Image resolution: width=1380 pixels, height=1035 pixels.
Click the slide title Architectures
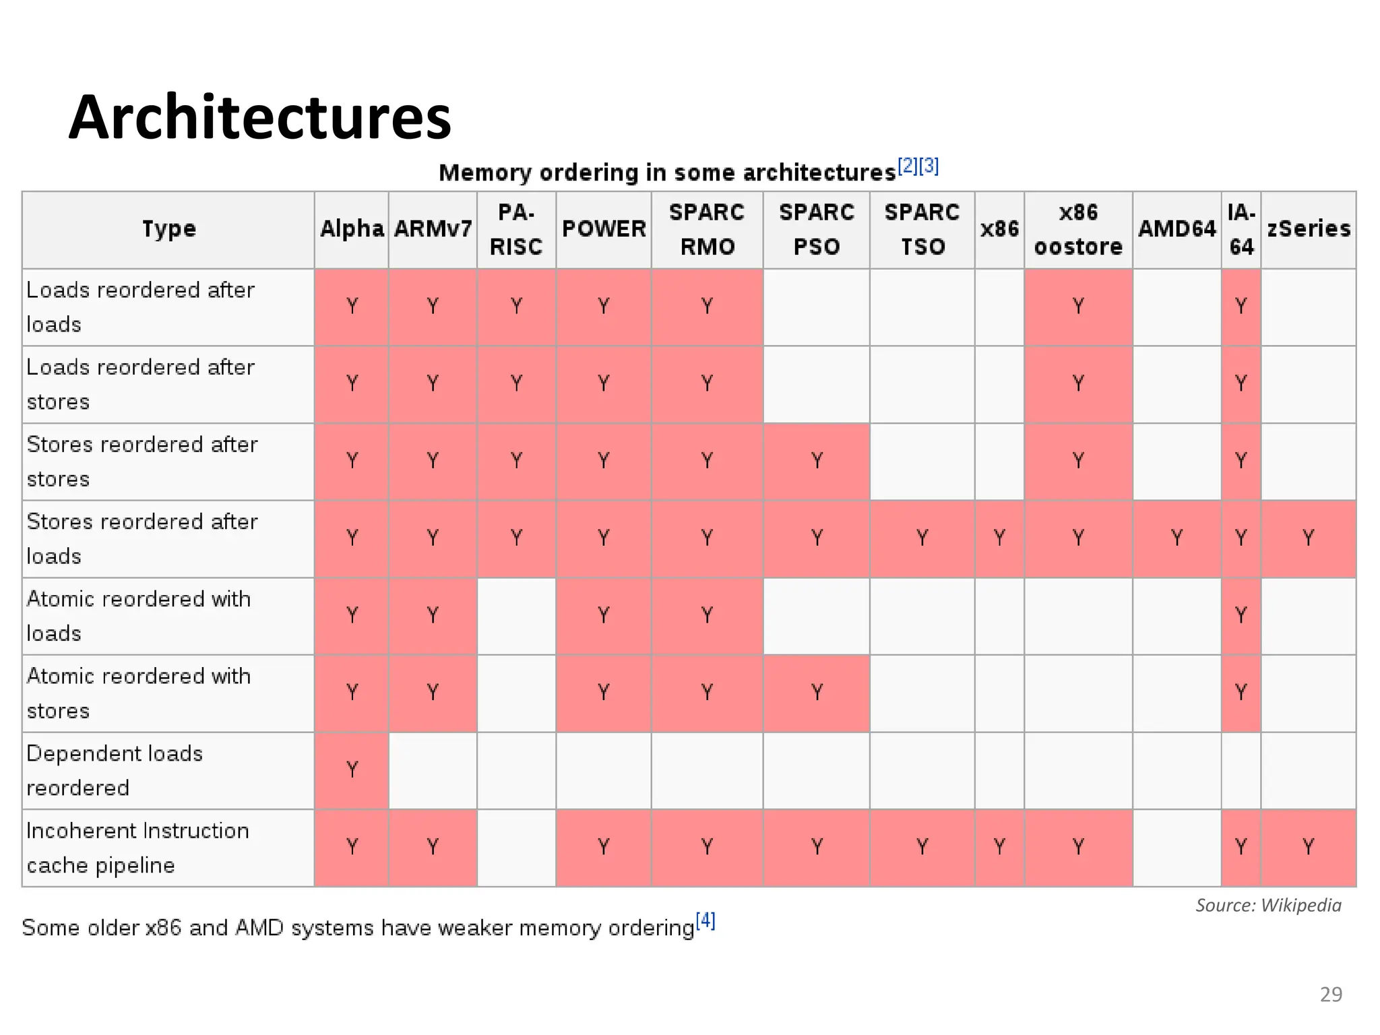[259, 117]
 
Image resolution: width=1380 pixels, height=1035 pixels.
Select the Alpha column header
[351, 229]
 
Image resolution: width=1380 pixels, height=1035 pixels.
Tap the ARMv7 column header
[433, 229]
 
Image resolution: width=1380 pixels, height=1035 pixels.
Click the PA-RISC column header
[516, 229]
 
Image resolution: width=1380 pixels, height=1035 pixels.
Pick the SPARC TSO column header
[922, 229]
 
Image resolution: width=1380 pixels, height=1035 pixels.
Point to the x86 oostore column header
[1078, 229]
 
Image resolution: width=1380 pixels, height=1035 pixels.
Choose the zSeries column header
[1308, 229]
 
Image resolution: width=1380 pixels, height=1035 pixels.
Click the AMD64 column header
[1177, 229]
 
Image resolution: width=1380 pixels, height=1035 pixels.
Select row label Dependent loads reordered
[115, 770]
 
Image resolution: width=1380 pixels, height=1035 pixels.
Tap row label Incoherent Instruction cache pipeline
[137, 848]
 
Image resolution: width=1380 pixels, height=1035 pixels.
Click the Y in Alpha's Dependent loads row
[352, 770]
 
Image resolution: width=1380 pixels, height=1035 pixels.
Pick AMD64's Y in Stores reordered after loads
[1177, 538]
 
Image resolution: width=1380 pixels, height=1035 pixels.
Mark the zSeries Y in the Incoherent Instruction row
[1308, 846]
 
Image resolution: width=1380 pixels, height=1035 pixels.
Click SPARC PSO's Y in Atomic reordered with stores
[817, 692]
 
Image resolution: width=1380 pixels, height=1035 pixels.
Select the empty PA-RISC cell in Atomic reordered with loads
[516, 616]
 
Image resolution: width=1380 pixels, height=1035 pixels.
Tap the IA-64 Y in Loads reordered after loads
[1241, 307]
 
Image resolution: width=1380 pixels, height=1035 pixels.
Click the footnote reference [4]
[705, 920]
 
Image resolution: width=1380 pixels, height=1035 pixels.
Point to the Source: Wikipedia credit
[1268, 905]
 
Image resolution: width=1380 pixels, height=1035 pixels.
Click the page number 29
[1331, 995]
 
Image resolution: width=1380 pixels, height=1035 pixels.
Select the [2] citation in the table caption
[908, 165]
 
